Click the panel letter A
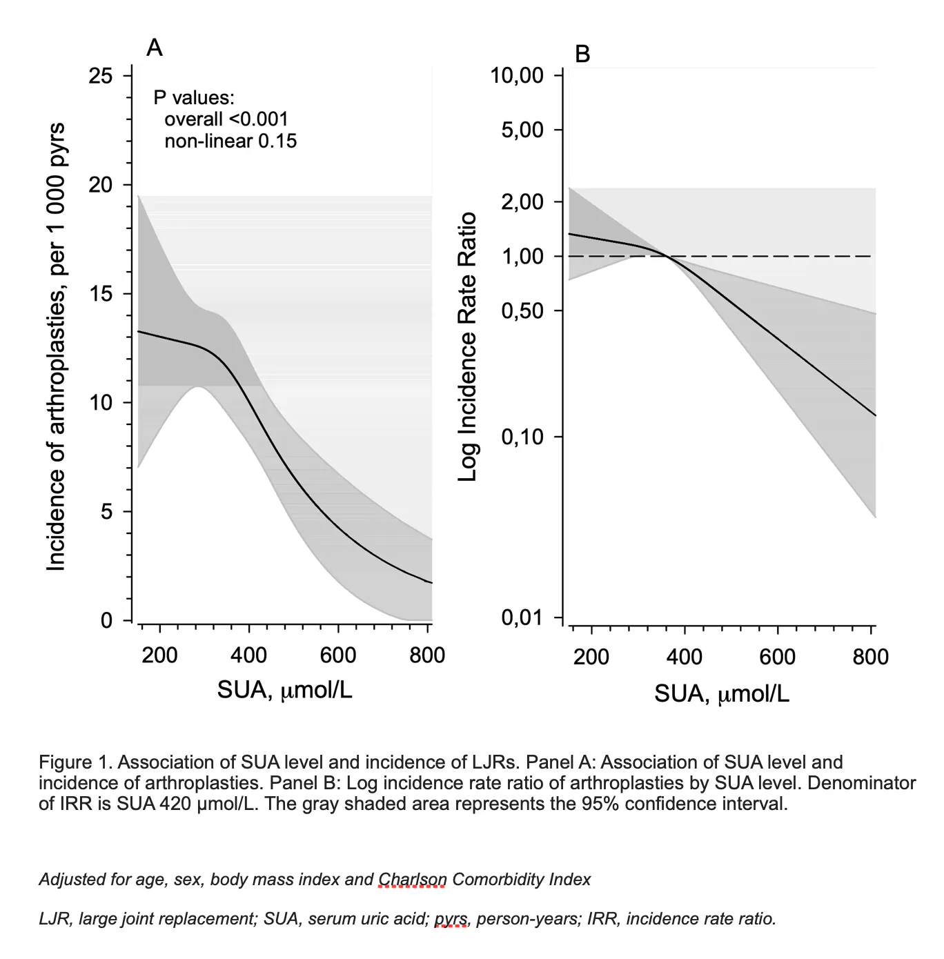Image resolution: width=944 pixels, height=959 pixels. pos(155,48)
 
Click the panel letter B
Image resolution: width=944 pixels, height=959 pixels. pos(582,53)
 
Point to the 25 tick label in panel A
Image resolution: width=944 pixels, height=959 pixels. pos(101,75)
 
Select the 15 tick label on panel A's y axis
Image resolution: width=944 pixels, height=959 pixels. pos(101,294)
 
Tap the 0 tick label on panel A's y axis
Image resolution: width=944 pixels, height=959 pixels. pos(106,620)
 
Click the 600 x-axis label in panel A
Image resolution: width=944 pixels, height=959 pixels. pos(338,655)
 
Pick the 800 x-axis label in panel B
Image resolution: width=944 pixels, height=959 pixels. pos(870,656)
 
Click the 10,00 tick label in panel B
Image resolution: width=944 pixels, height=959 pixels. pos(517,75)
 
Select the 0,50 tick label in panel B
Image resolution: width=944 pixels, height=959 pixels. pos(522,310)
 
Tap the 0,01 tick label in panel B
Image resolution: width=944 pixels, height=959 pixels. pos(522,617)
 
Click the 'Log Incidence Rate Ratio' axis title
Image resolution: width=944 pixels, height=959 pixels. pos(468,347)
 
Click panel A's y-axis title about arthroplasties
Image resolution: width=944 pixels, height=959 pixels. pos(55,347)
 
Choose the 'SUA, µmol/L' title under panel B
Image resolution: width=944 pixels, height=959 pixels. pos(721,693)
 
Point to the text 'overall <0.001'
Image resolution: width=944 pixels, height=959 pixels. pos(226,119)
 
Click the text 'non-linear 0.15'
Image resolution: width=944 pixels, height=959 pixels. pos(230,141)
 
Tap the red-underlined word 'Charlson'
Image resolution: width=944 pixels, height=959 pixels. pos(413,880)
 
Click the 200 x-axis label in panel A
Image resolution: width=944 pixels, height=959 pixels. pos(159,655)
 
